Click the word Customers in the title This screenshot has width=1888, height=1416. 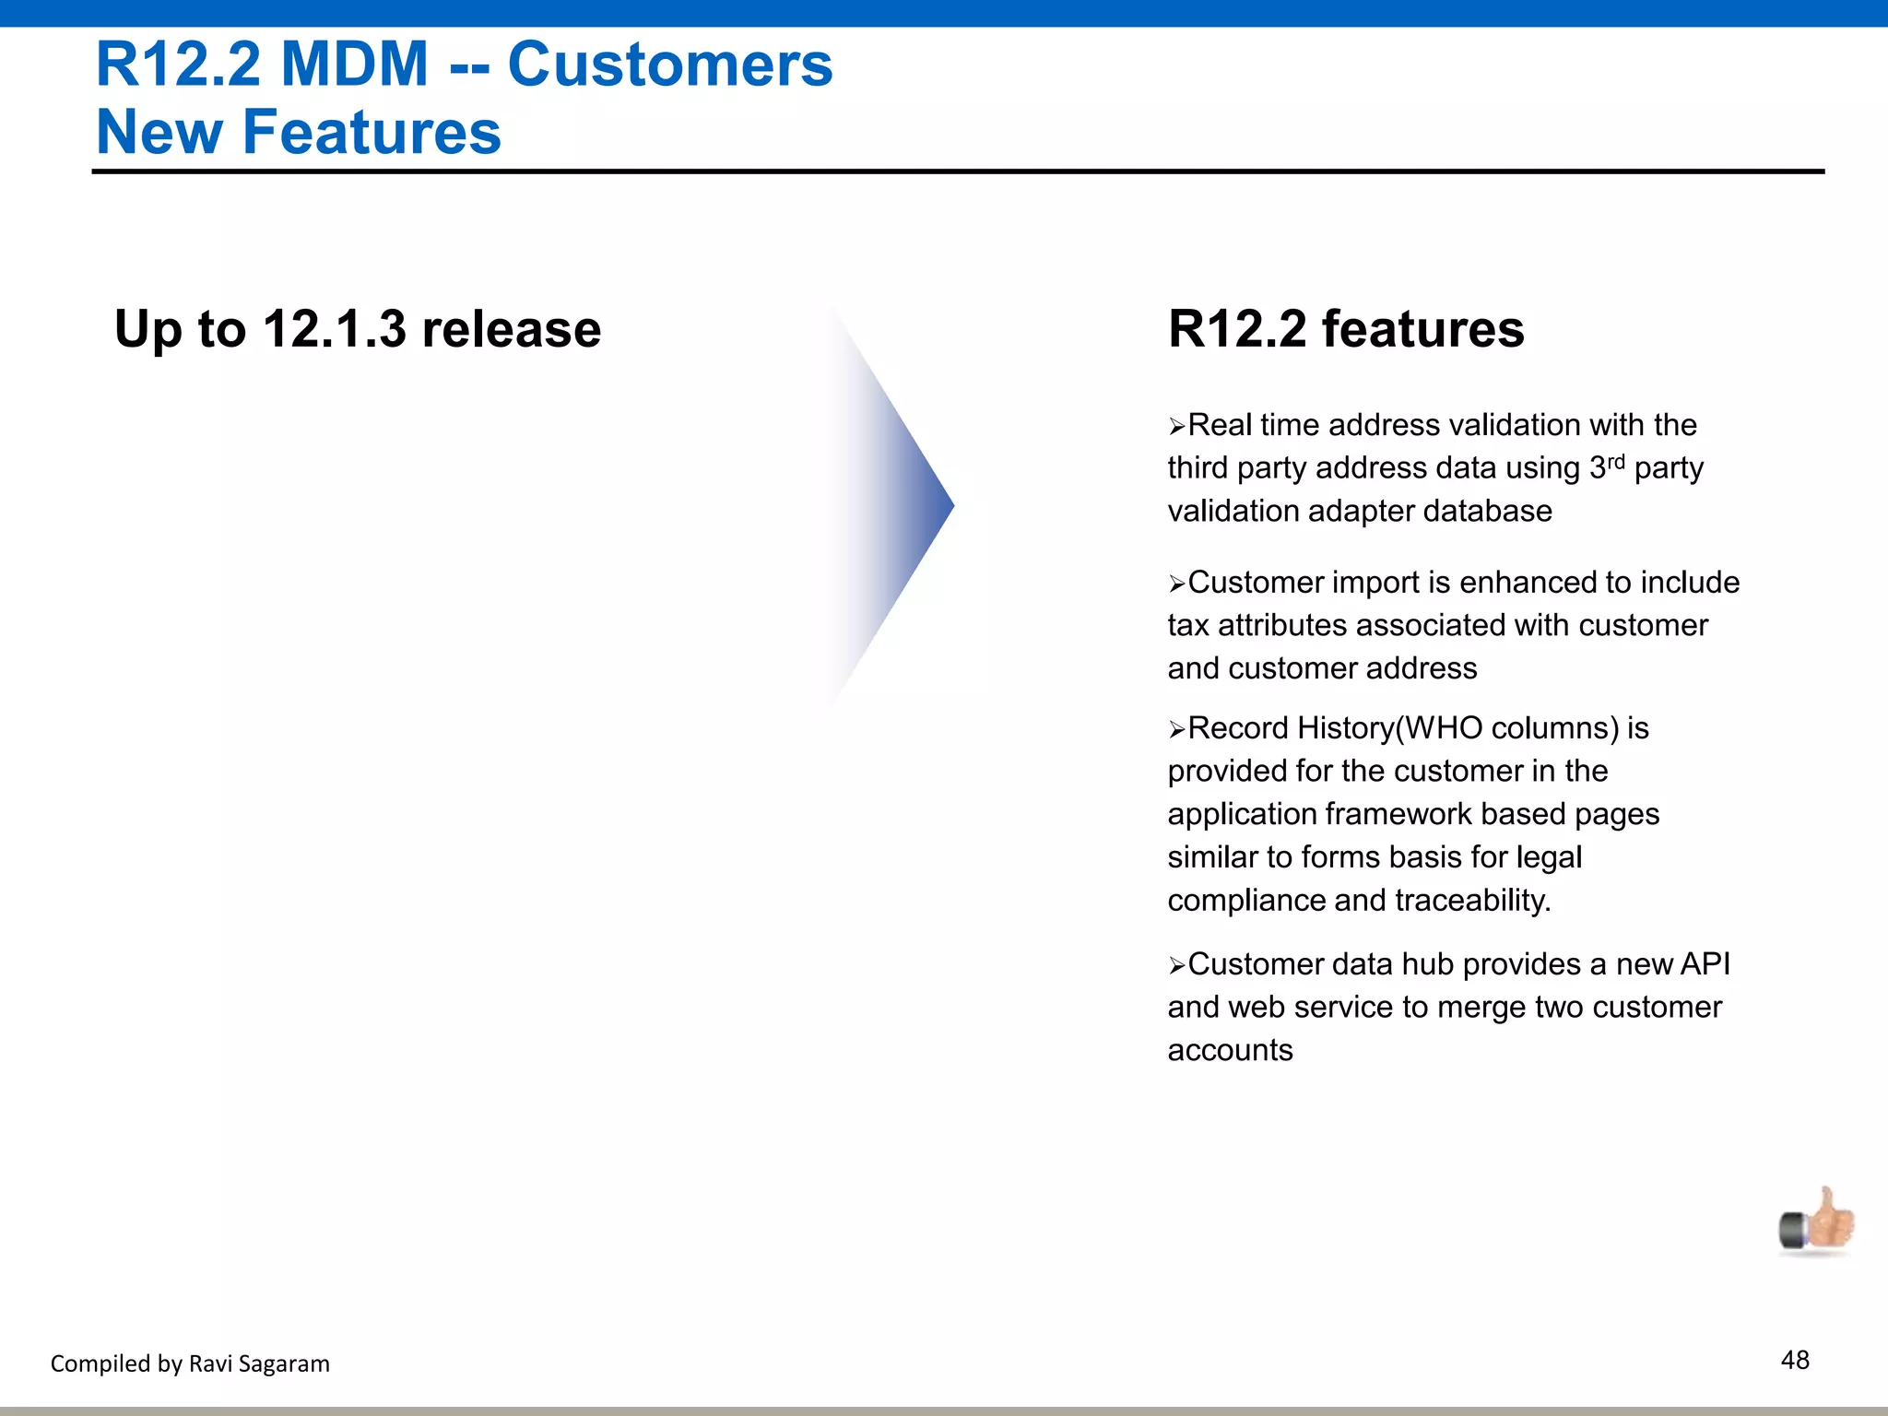(669, 65)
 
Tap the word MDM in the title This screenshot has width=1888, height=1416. (355, 65)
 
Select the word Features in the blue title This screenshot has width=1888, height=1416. (372, 132)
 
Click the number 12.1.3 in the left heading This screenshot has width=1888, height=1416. (334, 329)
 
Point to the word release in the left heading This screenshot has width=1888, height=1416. (511, 329)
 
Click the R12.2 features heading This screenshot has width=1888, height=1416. (1345, 329)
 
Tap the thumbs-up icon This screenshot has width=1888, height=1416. (1816, 1222)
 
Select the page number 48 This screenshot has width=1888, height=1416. (1795, 1360)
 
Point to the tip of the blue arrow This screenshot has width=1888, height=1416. (952, 504)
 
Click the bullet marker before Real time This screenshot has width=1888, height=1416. (1176, 427)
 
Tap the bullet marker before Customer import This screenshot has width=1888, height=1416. (1176, 584)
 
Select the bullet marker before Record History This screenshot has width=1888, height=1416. (1176, 730)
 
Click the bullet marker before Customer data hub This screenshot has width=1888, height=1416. (1176, 966)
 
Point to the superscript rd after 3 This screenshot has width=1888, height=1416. (1616, 461)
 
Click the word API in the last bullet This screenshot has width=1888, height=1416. (1705, 964)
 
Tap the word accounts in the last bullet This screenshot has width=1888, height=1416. (1230, 1051)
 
